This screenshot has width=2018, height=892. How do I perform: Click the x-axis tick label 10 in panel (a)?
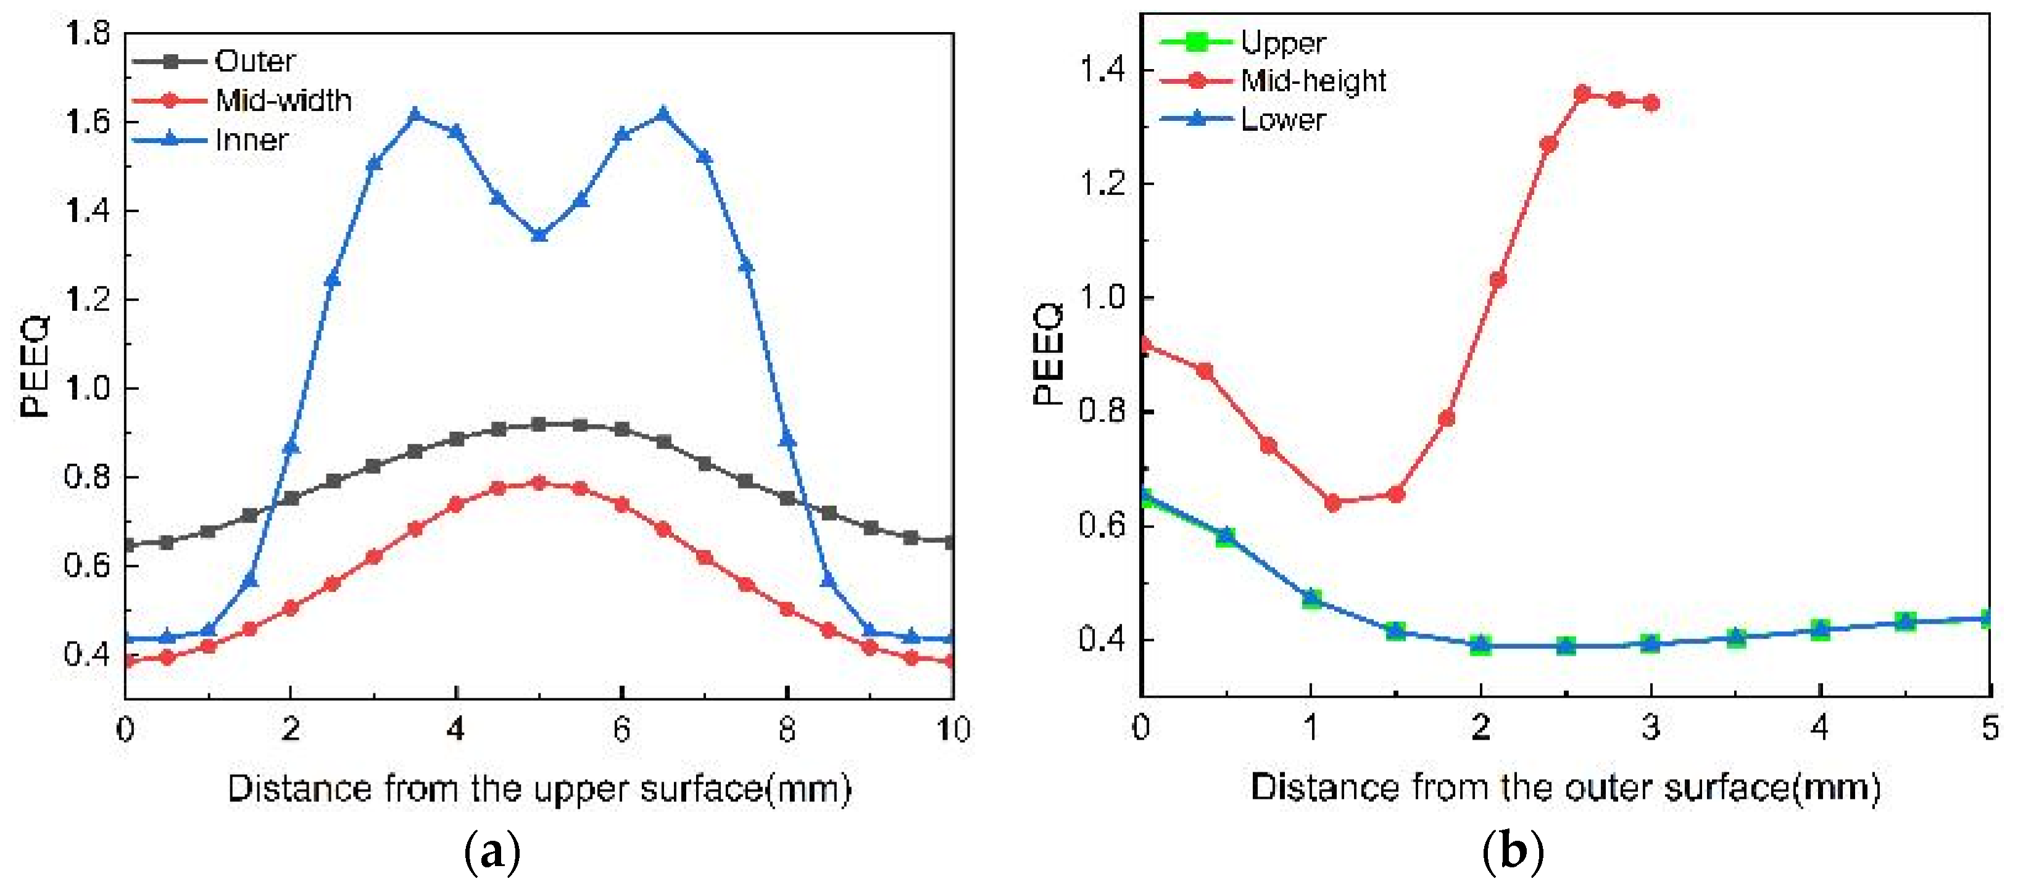(x=953, y=729)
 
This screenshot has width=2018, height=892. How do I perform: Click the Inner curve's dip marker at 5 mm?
(x=539, y=235)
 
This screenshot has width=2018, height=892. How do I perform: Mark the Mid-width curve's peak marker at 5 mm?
(x=539, y=482)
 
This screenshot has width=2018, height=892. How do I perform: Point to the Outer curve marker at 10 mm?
(x=950, y=541)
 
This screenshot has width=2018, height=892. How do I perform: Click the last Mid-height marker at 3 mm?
(x=1651, y=102)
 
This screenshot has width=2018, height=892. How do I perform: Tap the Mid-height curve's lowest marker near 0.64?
(x=1332, y=503)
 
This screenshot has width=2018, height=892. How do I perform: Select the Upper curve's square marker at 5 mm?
(x=1989, y=619)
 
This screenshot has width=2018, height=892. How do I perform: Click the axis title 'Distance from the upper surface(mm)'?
(x=539, y=788)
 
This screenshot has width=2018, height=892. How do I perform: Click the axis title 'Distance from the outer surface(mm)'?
(x=1564, y=787)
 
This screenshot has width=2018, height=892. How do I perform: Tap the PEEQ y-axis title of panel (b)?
(x=1047, y=353)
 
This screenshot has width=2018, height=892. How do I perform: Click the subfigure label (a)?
(x=492, y=851)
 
